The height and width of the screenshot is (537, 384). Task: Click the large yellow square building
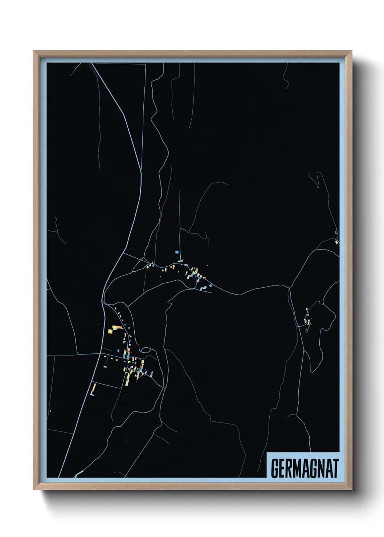111,331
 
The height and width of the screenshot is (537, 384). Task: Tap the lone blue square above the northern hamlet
177,252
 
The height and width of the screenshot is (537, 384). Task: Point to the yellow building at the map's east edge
336,242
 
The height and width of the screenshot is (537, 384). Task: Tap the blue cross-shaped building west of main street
118,351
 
